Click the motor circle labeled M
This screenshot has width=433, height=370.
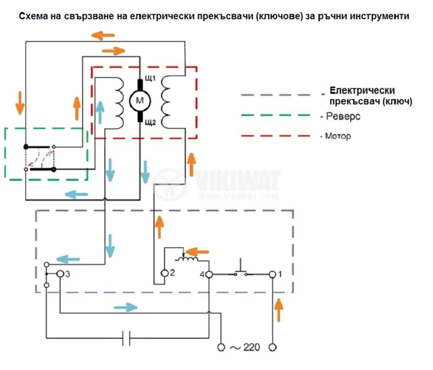point(140,100)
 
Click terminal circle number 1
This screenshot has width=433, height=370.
point(272,274)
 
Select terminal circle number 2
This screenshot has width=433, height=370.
point(164,274)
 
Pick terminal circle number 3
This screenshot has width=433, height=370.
point(60,274)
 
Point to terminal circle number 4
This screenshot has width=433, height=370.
point(209,274)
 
